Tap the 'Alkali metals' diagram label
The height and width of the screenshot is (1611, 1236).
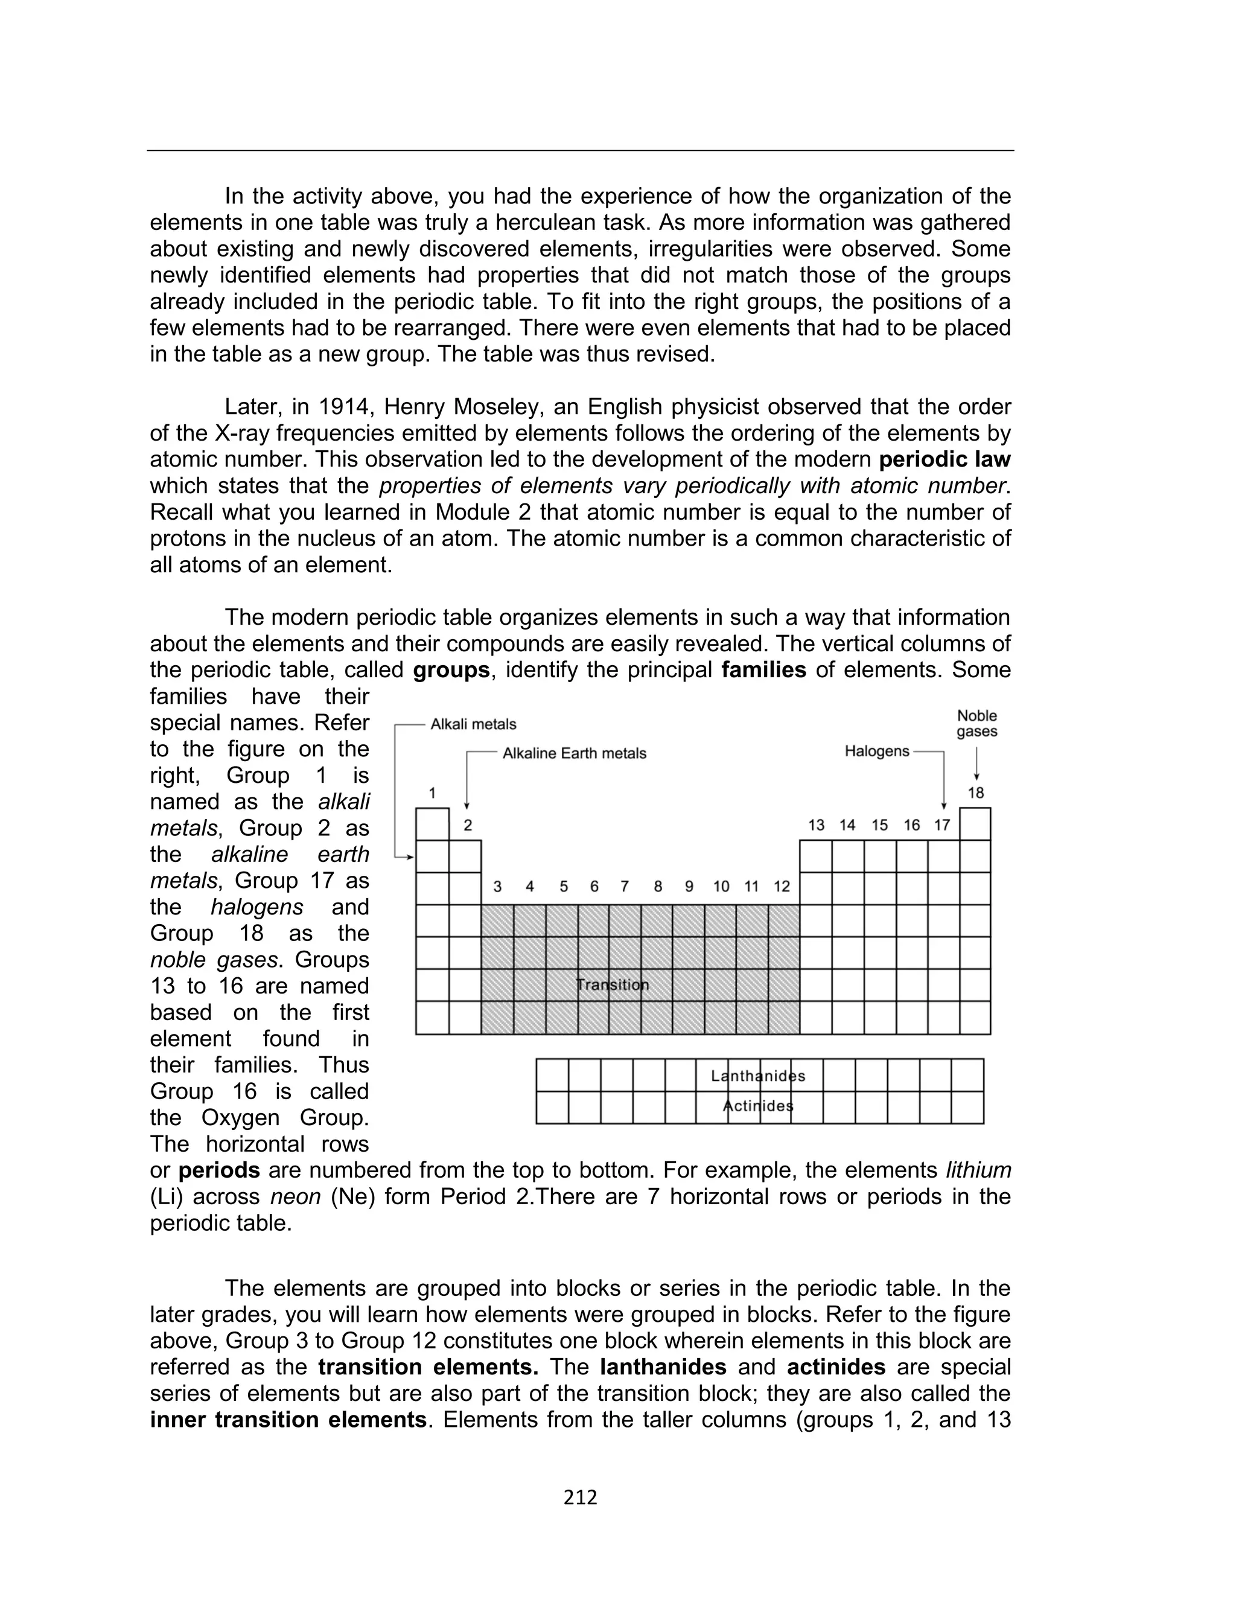[x=473, y=724]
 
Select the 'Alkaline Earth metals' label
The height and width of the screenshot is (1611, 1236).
[x=574, y=753]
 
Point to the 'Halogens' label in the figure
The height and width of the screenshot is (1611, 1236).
[x=876, y=751]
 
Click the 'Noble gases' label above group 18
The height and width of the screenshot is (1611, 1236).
[x=976, y=723]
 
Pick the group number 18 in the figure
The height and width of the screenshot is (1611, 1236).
[x=975, y=793]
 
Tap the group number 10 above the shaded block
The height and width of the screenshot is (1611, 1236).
[x=721, y=887]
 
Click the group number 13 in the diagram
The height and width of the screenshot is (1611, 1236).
[x=816, y=825]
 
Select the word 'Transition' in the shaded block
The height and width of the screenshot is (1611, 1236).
[x=612, y=985]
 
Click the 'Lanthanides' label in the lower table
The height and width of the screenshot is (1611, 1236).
[x=758, y=1076]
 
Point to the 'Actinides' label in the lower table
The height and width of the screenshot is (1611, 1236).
[x=758, y=1106]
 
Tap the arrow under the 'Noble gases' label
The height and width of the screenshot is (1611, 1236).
[x=976, y=765]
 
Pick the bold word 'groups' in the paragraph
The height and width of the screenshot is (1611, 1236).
[x=451, y=670]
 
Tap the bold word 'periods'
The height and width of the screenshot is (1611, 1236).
[x=219, y=1170]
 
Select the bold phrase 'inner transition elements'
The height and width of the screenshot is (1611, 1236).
[x=288, y=1419]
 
